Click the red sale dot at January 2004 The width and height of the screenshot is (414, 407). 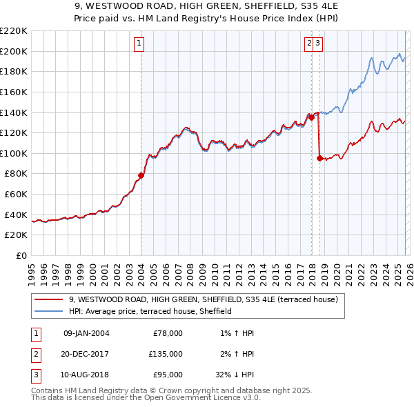click(141, 175)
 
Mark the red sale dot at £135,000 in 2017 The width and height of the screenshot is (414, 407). click(311, 117)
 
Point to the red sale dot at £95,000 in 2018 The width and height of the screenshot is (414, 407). click(319, 158)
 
